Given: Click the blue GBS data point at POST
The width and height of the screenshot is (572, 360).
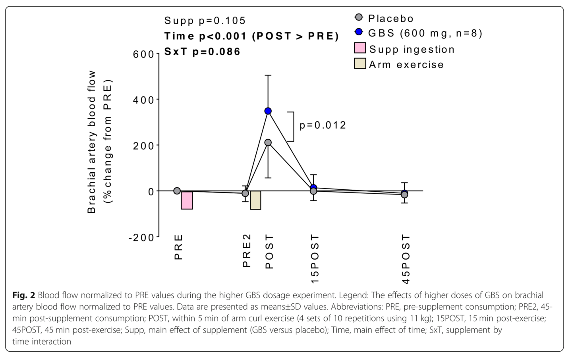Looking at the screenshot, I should coord(268,111).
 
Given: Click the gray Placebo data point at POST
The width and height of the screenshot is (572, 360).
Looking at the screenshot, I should coord(268,142).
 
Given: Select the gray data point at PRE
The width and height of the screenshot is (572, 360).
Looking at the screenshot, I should coord(177,191).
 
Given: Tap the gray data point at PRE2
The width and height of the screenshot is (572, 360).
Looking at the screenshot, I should coord(245,193).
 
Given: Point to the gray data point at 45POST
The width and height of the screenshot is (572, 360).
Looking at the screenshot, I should coord(404,194).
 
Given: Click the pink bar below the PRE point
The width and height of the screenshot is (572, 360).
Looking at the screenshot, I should coord(187,200).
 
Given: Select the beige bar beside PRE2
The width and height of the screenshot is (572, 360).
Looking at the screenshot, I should coord(256,200).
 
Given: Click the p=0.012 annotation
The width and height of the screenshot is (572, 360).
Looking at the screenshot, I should coord(323,125).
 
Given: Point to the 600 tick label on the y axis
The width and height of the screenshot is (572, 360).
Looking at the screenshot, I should coord(143,54).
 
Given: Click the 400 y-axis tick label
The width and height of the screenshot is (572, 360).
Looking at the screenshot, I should coord(143,100).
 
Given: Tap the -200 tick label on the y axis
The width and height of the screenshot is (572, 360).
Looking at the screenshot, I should coord(141,238).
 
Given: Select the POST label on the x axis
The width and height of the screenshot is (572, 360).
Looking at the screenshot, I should coord(269,251).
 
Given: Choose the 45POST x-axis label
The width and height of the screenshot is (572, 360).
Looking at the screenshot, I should coord(406,259).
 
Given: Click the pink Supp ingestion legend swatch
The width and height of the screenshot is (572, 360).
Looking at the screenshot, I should coord(360,48).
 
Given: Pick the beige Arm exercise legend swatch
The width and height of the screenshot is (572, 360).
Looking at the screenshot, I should coord(360,64).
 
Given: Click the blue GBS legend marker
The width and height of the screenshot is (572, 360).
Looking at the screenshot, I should coord(359,32).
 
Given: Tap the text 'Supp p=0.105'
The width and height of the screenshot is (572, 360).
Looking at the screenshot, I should coord(205,21).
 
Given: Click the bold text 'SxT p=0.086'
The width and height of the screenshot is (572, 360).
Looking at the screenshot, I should coord(203,52).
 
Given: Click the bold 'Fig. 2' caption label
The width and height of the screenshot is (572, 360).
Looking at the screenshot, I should coord(24,295).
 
